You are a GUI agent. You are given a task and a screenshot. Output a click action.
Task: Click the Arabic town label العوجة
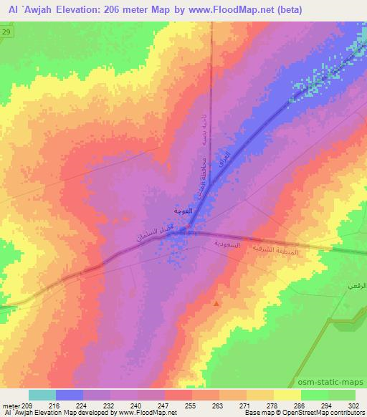click(x=183, y=211)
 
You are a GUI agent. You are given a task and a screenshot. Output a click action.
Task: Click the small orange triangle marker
click(x=217, y=303)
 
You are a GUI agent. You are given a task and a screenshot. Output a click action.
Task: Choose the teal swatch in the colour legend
click(x=42, y=395)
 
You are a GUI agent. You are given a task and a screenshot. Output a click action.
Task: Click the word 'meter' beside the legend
click(x=11, y=405)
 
